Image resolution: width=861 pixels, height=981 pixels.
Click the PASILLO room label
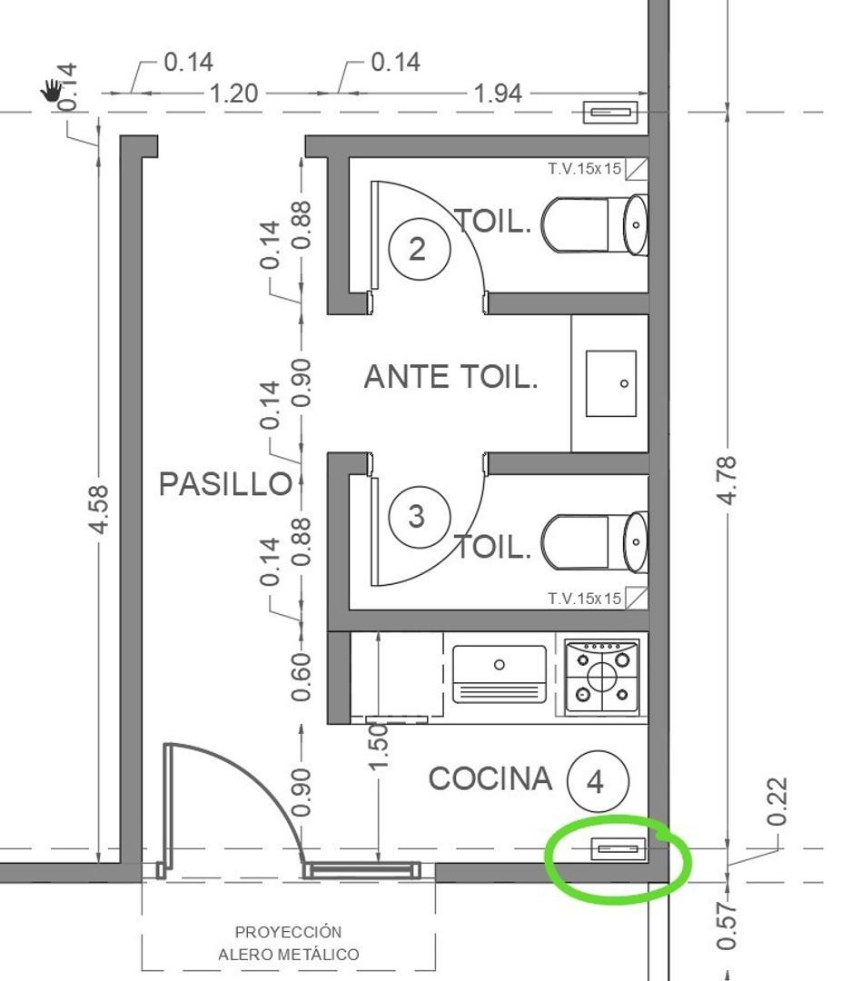pyautogui.click(x=225, y=483)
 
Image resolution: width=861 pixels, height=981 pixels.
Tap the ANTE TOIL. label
pyautogui.click(x=450, y=377)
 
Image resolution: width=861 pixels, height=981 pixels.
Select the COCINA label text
pyautogui.click(x=490, y=779)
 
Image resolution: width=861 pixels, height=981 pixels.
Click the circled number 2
pyautogui.click(x=420, y=248)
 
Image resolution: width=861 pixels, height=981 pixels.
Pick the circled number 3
pyautogui.click(x=420, y=517)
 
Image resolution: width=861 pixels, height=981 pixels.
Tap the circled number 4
pyautogui.click(x=598, y=781)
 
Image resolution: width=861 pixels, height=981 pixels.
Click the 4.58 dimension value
pyautogui.click(x=99, y=510)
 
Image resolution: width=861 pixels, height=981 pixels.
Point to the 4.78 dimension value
pyautogui.click(x=727, y=481)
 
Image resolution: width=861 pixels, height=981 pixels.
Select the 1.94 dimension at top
pyautogui.click(x=498, y=94)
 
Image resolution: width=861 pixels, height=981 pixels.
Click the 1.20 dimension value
pyautogui.click(x=233, y=94)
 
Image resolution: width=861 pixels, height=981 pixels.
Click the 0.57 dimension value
pyautogui.click(x=727, y=926)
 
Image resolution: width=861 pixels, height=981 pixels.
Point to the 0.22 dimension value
pyautogui.click(x=777, y=801)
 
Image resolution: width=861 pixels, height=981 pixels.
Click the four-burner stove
pyautogui.click(x=602, y=677)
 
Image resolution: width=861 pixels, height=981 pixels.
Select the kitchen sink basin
pyautogui.click(x=499, y=674)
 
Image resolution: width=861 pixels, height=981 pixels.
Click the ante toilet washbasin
pyautogui.click(x=610, y=383)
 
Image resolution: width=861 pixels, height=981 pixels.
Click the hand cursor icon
pyautogui.click(x=51, y=90)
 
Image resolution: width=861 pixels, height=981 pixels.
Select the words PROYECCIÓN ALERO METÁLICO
pyautogui.click(x=289, y=943)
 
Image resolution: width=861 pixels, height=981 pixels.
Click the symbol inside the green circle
pyautogui.click(x=619, y=849)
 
